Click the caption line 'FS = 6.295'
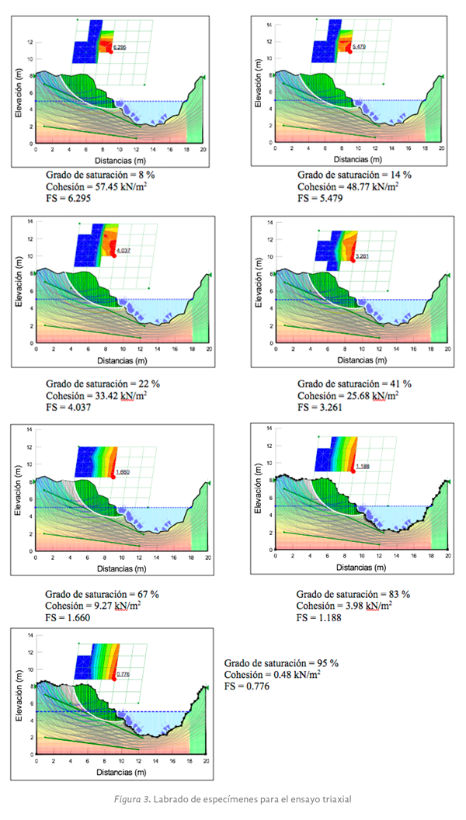(x=67, y=200)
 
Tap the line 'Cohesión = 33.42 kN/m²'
(x=96, y=395)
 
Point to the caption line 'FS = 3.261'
(x=318, y=407)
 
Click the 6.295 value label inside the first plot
(x=119, y=48)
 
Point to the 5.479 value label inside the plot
(x=358, y=47)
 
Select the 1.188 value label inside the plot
(x=363, y=467)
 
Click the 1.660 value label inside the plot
(x=122, y=472)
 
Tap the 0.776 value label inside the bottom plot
(x=122, y=674)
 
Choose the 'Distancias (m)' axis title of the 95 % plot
(x=121, y=773)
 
